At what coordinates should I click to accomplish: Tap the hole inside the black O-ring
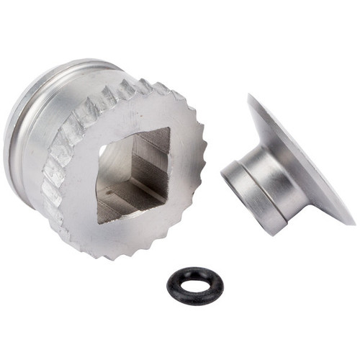click(x=194, y=287)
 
